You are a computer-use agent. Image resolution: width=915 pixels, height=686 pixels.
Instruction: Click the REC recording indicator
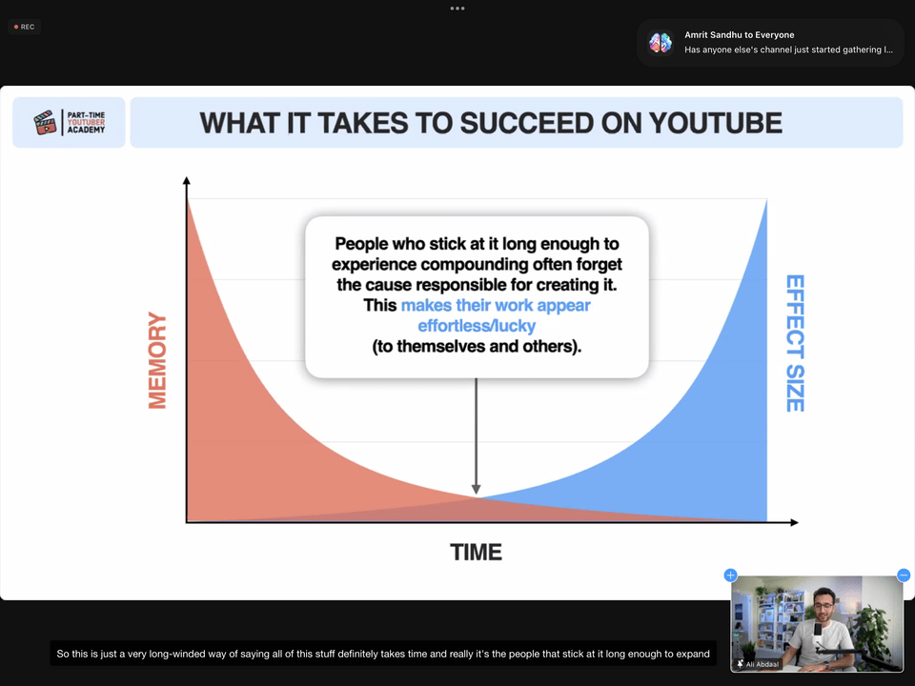(25, 27)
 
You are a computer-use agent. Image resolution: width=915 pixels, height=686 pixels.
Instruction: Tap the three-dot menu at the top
(457, 9)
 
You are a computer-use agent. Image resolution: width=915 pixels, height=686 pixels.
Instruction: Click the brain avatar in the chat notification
(661, 43)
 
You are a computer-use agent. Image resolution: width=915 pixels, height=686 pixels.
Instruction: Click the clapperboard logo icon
(45, 122)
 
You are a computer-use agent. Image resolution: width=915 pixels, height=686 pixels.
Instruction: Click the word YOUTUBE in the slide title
(716, 123)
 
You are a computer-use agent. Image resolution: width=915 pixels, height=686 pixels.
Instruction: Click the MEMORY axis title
(157, 360)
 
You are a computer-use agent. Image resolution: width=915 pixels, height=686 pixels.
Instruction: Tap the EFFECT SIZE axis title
(795, 343)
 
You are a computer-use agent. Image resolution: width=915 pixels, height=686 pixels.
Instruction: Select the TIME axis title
(476, 553)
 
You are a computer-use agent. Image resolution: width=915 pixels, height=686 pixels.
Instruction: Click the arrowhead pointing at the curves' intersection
(477, 490)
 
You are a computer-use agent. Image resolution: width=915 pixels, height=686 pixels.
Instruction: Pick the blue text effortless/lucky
(477, 326)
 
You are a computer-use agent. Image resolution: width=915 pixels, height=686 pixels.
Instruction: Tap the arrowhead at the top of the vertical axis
(187, 181)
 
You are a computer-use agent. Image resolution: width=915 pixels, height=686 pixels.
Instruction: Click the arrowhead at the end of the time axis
(794, 522)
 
